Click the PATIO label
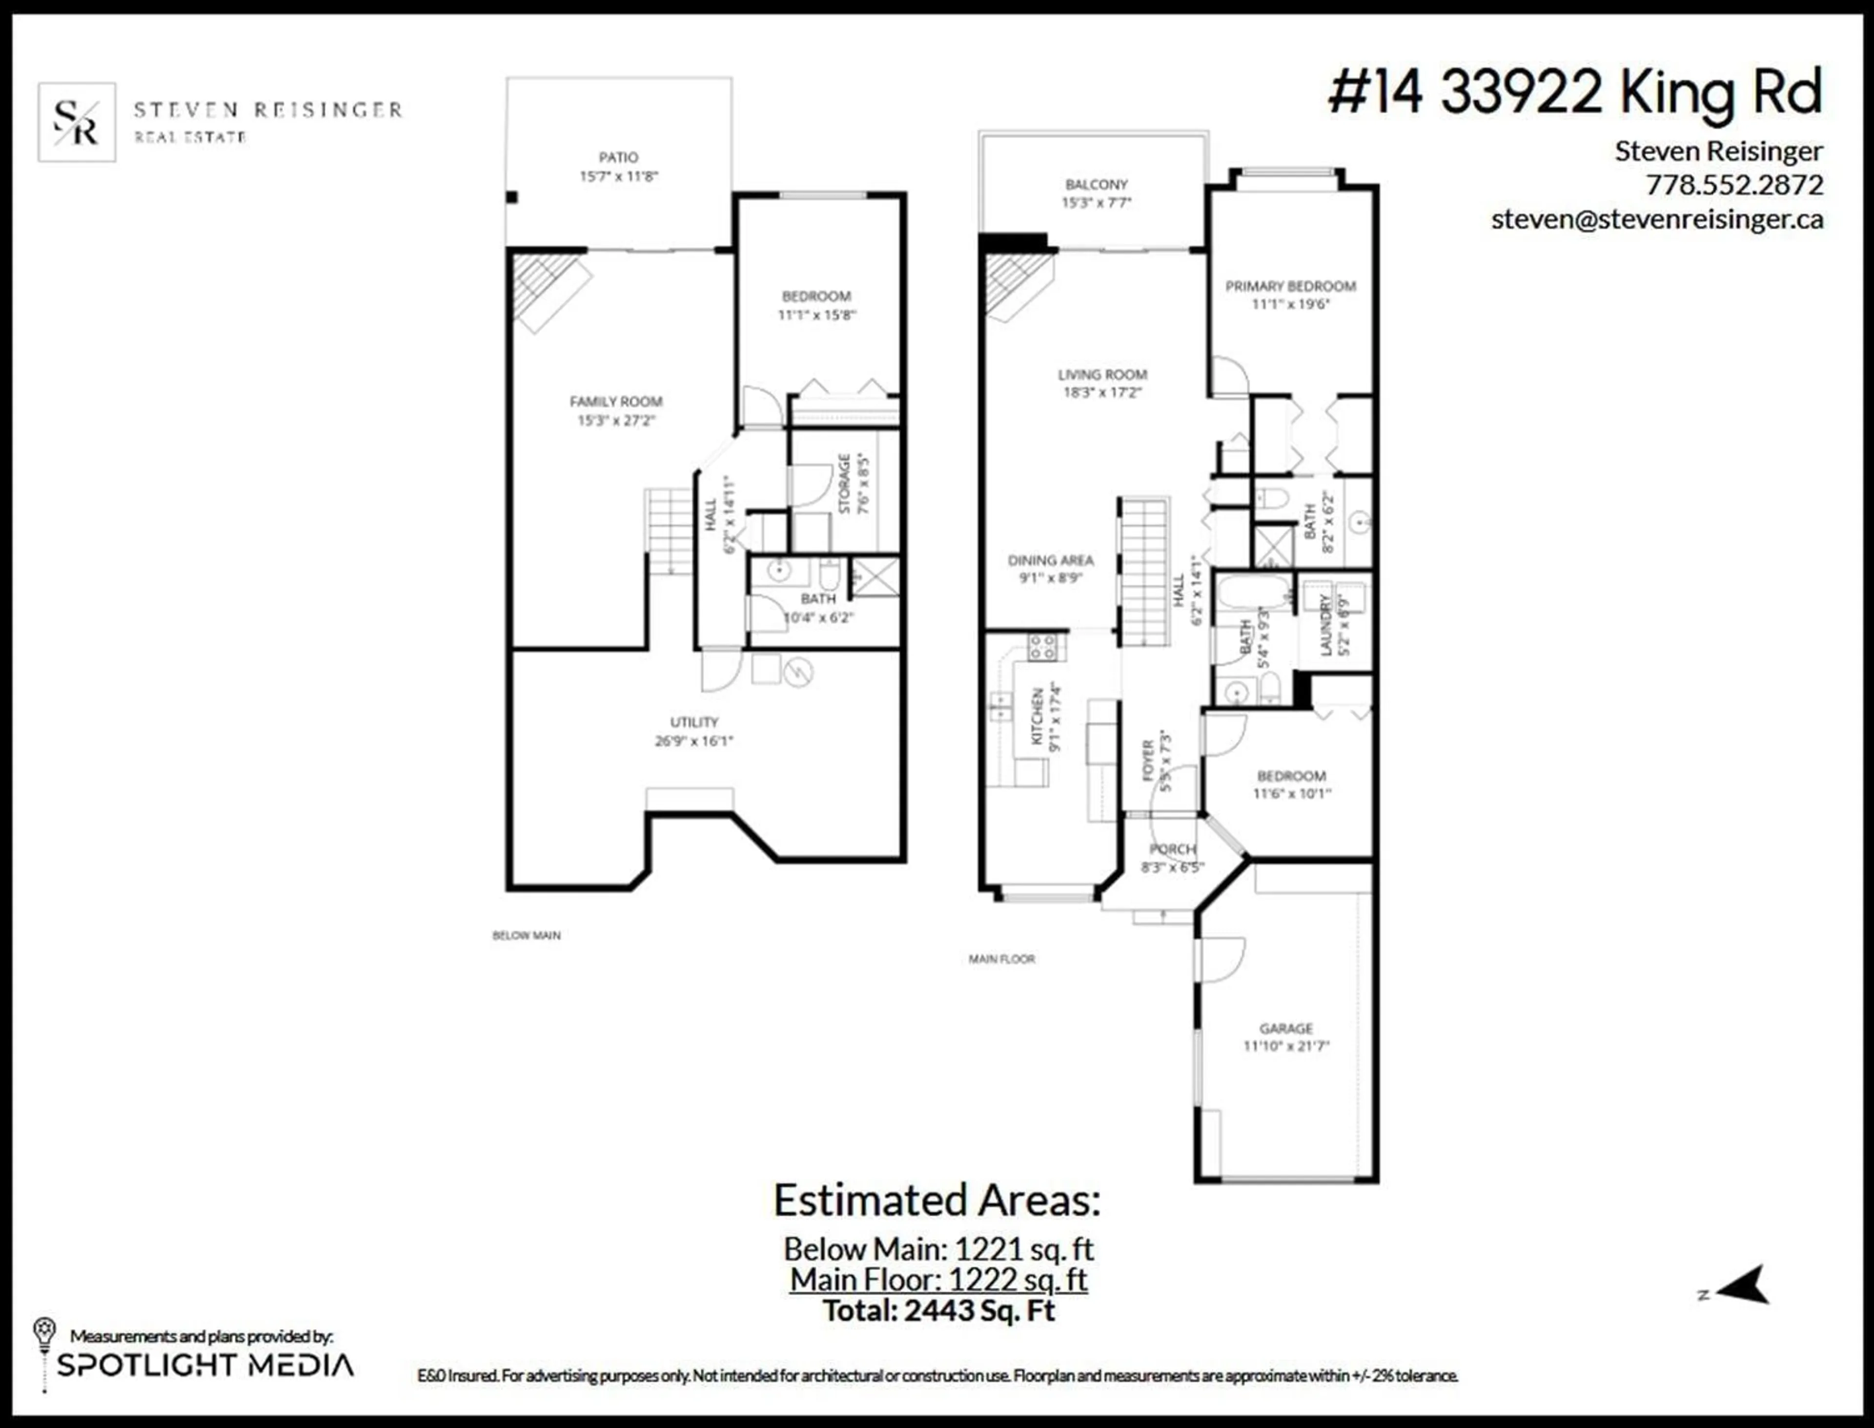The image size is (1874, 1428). tap(618, 157)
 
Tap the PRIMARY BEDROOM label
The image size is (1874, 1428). tap(1290, 286)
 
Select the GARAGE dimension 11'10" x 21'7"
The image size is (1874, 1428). tap(1286, 1046)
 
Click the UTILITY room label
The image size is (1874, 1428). tap(693, 722)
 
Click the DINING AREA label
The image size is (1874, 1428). tap(1050, 560)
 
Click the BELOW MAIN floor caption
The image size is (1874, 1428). tap(526, 935)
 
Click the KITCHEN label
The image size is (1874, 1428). tap(1038, 716)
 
